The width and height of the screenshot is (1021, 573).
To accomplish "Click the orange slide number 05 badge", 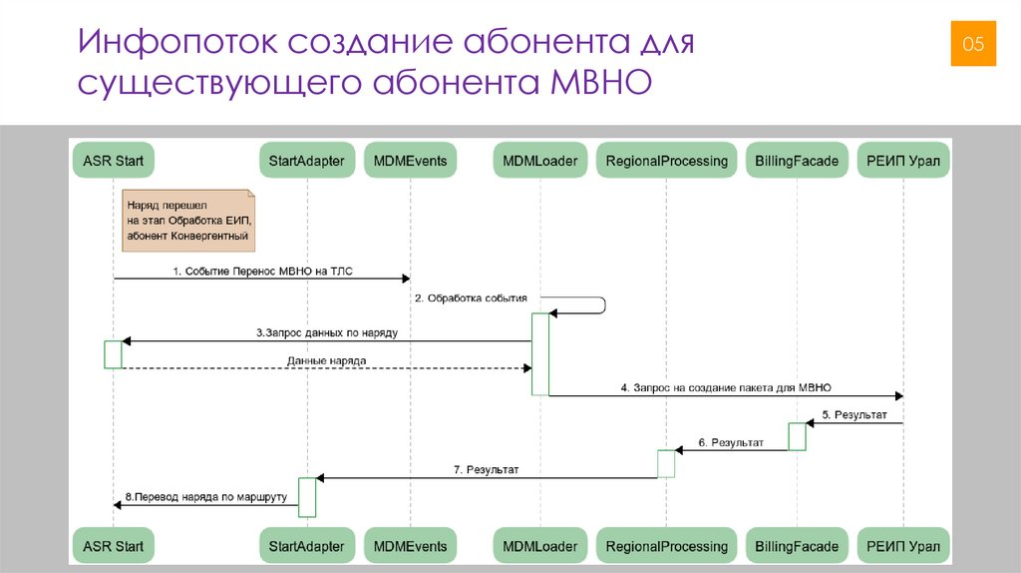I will (x=972, y=43).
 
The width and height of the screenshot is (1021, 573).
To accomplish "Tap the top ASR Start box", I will (x=114, y=160).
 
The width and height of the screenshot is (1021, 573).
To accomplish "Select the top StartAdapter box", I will (x=307, y=160).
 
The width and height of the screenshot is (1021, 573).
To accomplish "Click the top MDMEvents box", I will (x=410, y=160).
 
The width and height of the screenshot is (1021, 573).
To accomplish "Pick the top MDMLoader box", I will (x=539, y=160).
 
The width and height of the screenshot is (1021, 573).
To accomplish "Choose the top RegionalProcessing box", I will (x=666, y=160).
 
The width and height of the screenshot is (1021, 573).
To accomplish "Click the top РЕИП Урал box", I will (x=903, y=160).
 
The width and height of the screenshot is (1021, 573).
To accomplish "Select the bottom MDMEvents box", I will (x=410, y=546).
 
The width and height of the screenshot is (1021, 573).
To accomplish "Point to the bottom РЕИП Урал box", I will (x=903, y=546).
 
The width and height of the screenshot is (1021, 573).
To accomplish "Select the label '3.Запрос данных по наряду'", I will (x=326, y=332).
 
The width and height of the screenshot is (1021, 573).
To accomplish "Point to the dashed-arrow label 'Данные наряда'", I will (x=326, y=360).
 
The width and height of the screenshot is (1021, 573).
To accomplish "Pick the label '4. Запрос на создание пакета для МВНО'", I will (x=726, y=387).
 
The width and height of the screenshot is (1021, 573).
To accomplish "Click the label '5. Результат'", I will (x=854, y=414).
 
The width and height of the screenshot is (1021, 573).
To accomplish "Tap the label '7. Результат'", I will (x=486, y=469).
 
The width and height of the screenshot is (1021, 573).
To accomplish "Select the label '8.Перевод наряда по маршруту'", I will (x=206, y=496).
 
